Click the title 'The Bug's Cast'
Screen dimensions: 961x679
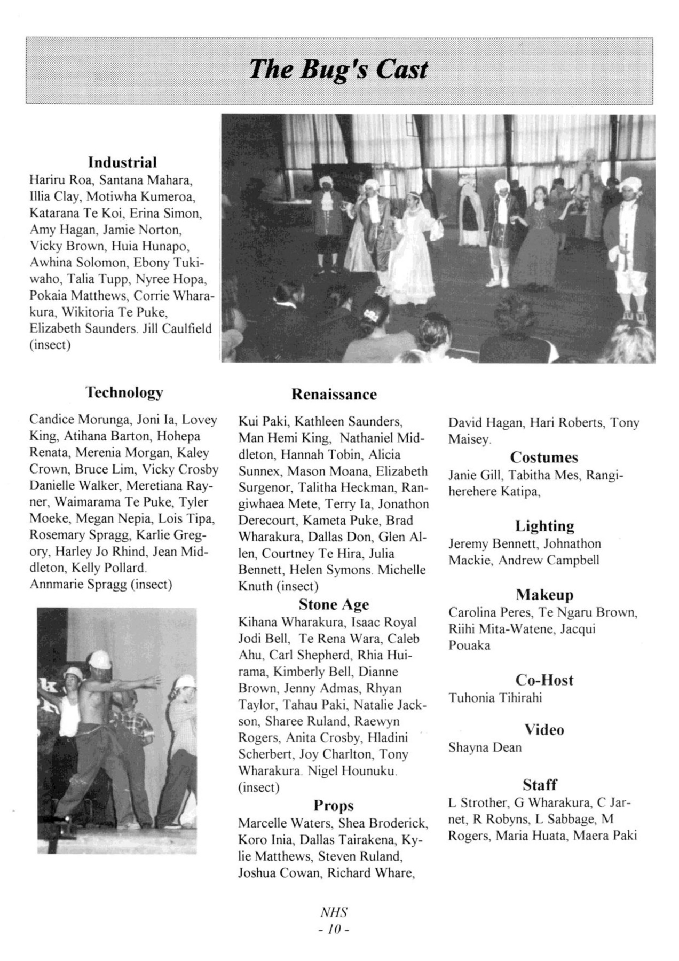[x=338, y=70]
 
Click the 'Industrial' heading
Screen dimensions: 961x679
[x=122, y=162]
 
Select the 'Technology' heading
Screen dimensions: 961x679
[x=124, y=392]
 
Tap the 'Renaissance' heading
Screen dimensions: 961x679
[x=334, y=395]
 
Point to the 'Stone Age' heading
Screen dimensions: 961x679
[x=334, y=604]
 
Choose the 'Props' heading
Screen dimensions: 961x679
[x=334, y=805]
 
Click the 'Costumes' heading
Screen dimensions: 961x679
[x=543, y=458]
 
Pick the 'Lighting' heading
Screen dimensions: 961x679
[x=544, y=526]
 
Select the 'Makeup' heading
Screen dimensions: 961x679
[x=544, y=595]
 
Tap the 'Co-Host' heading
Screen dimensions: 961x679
[x=544, y=680]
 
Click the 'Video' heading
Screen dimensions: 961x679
[x=544, y=730]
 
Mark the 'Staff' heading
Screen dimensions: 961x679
[x=540, y=785]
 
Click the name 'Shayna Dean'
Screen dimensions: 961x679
[x=485, y=747]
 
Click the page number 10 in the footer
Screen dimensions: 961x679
[x=334, y=930]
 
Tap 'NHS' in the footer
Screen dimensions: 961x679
[x=334, y=912]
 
